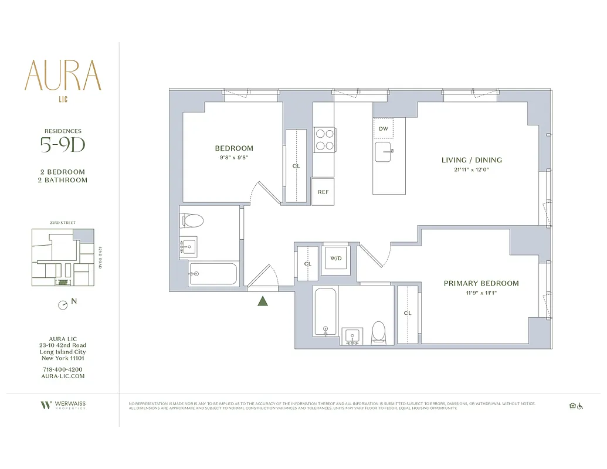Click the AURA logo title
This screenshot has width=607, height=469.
click(x=62, y=75)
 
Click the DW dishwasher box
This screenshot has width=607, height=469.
click(x=383, y=128)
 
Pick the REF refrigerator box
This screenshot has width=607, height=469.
click(x=323, y=192)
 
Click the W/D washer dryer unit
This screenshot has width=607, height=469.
click(x=336, y=259)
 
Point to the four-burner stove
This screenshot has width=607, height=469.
click(x=324, y=140)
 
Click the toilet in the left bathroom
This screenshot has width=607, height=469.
click(x=193, y=221)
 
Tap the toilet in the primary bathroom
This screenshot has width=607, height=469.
click(x=379, y=332)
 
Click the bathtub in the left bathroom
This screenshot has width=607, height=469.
click(x=212, y=274)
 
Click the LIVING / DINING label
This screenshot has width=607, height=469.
click(x=472, y=160)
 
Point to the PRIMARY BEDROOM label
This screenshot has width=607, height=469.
click(x=481, y=283)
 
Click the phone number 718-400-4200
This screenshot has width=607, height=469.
click(x=62, y=369)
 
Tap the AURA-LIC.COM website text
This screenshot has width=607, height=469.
click(x=62, y=376)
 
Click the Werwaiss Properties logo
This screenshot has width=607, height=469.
click(x=62, y=405)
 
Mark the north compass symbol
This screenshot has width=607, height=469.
click(x=62, y=305)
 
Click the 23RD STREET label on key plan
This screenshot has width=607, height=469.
click(x=62, y=223)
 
